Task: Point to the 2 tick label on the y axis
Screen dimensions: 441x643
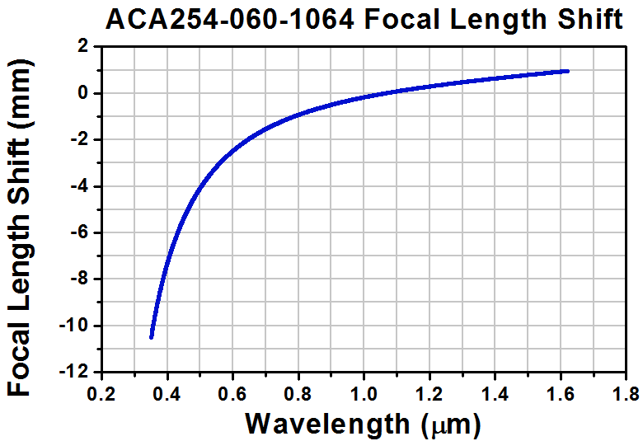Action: [x=82, y=47]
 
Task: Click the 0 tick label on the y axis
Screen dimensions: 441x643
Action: [x=82, y=93]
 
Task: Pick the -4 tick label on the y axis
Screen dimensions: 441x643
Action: [x=79, y=186]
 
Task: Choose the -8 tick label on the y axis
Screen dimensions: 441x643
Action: [x=79, y=279]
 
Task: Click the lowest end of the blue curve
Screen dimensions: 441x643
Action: [x=152, y=335]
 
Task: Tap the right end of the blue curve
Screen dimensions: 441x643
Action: [x=566, y=71]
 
